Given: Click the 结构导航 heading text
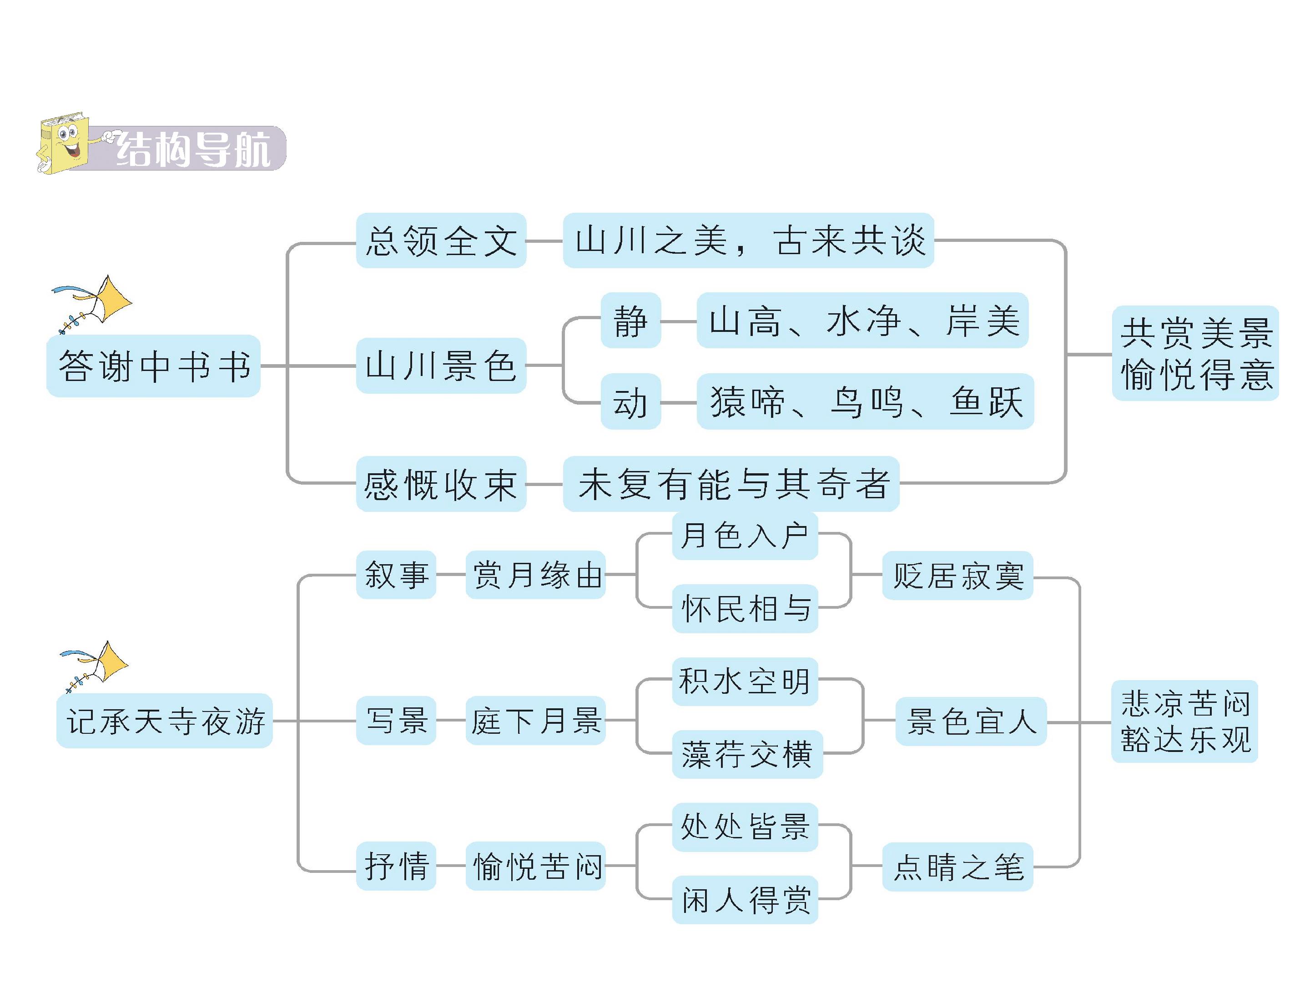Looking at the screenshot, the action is click(193, 149).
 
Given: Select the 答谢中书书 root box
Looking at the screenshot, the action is click(153, 366).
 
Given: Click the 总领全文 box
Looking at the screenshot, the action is click(441, 240).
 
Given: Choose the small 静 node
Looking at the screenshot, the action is click(631, 320).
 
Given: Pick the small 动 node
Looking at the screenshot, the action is click(631, 401).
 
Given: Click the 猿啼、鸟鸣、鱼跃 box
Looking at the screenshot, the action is click(865, 401).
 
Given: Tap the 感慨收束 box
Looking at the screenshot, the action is click(441, 484).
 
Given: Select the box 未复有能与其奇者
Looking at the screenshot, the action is click(731, 484).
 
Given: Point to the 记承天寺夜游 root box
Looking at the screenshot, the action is click(165, 721).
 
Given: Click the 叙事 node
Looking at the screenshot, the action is click(396, 575).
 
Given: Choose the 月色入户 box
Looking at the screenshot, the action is click(745, 536).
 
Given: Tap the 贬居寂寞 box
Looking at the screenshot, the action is click(957, 576).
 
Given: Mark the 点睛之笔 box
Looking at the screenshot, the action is click(957, 867).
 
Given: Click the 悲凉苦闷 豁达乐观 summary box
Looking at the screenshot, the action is click(1184, 721).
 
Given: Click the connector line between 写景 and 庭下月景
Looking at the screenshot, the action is click(451, 721).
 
